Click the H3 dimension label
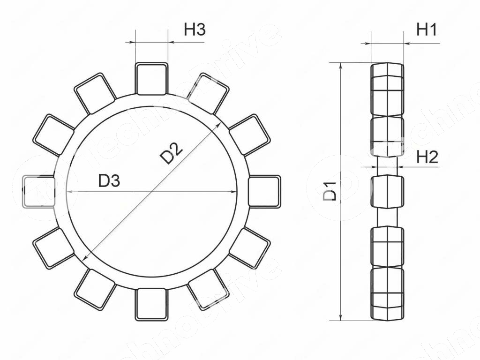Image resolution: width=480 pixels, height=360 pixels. click(195, 30)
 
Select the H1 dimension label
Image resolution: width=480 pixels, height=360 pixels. click(427, 30)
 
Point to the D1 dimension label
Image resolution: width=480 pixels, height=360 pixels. click(330, 191)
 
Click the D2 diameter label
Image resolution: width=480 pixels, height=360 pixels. click(172, 153)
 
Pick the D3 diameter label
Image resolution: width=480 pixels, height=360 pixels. click(109, 180)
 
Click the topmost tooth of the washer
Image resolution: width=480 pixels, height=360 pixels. click(151, 79)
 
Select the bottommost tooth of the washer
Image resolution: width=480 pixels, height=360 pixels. click(151, 304)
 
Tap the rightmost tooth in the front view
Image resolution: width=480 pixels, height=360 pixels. click(264, 192)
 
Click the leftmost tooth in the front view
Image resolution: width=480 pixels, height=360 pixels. click(39, 192)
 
